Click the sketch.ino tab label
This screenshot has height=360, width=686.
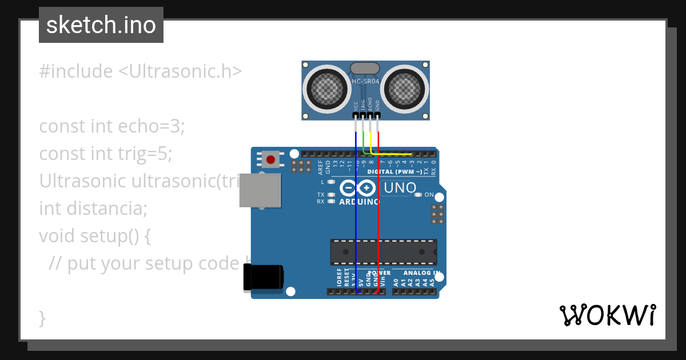(101, 25)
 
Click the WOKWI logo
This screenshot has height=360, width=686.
(608, 315)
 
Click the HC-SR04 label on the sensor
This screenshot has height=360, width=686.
(365, 82)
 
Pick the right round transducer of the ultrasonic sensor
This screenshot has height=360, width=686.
(405, 88)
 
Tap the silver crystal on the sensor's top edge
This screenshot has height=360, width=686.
(365, 68)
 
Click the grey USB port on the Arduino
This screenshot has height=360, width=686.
(260, 190)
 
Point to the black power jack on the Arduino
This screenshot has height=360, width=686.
(264, 278)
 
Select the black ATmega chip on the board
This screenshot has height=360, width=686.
(383, 252)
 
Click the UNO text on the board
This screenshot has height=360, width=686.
(400, 188)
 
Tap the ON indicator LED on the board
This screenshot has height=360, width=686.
(418, 195)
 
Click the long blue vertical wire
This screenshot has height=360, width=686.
(356, 217)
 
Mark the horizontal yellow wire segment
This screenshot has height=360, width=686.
(394, 154)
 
